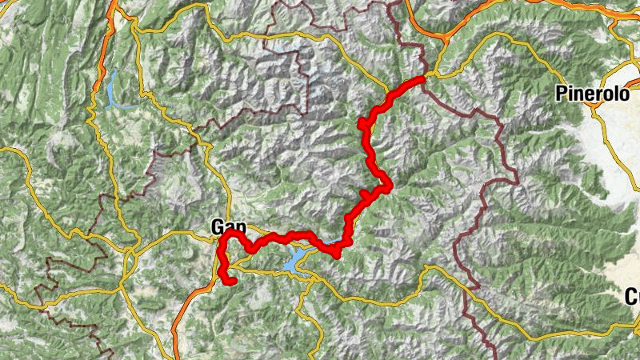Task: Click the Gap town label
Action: tap(226, 226)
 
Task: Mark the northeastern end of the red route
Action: tap(422, 78)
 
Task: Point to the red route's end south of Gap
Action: tap(230, 282)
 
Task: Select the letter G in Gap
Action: tap(218, 226)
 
